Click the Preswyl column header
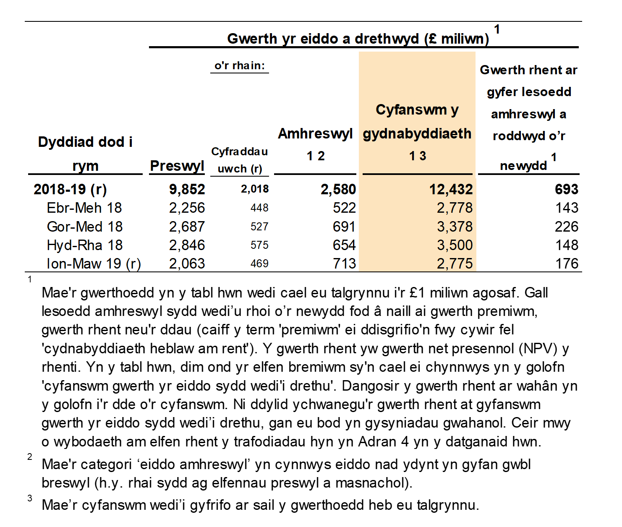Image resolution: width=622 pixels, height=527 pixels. pyautogui.click(x=177, y=166)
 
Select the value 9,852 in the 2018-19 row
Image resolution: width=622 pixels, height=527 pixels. pyautogui.click(x=187, y=189)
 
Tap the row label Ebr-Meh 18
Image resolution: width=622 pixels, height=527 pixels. pyautogui.click(x=84, y=208)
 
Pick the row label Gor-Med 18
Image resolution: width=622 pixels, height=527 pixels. pyautogui.click(x=84, y=227)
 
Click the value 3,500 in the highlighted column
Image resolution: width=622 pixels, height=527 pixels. pyautogui.click(x=455, y=245)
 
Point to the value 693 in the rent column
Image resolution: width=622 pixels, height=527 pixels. pyautogui.click(x=566, y=189)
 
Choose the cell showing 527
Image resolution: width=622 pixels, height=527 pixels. pyautogui.click(x=259, y=227)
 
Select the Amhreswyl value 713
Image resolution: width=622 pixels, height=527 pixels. pyautogui.click(x=344, y=263)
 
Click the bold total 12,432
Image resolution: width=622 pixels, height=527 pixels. pyautogui.click(x=451, y=189)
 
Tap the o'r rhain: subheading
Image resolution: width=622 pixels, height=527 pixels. pyautogui.click(x=240, y=65)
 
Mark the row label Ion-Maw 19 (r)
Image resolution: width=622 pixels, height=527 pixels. pyautogui.click(x=94, y=263)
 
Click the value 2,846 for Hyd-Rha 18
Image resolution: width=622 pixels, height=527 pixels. pyautogui.click(x=187, y=245)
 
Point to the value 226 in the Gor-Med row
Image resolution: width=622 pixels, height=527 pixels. pyautogui.click(x=566, y=227)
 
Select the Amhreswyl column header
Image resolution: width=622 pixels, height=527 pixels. pyautogui.click(x=315, y=133)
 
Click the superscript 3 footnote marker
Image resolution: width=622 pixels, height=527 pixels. pyautogui.click(x=30, y=498)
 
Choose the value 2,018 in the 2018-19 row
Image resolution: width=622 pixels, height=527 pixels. pyautogui.click(x=255, y=189)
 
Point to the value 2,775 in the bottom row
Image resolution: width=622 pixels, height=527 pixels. pyautogui.click(x=455, y=263)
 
